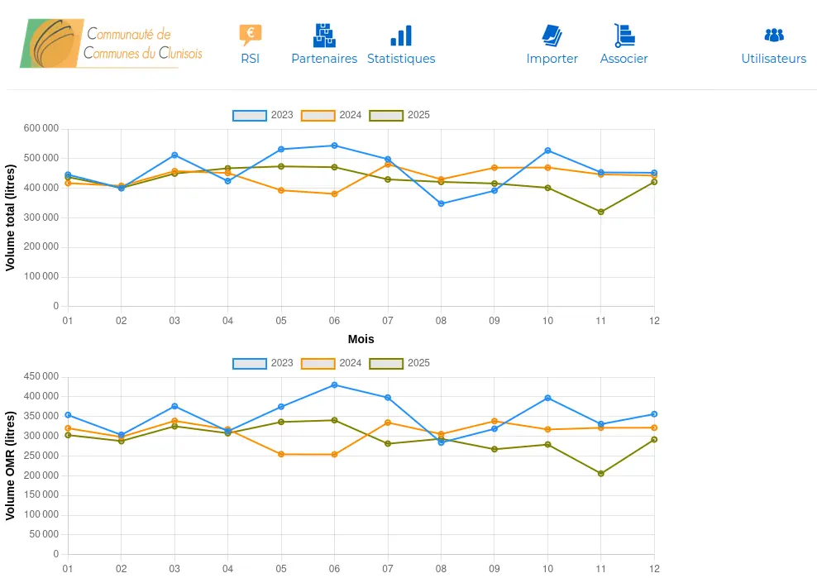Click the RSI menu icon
[x=250, y=35]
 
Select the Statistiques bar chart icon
[x=401, y=36]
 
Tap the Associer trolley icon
[x=624, y=35]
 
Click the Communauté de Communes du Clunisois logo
[x=111, y=43]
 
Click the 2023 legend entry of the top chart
[x=263, y=115]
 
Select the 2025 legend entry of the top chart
[x=399, y=115]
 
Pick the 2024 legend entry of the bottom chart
[x=332, y=363]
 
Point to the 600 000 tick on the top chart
[x=41, y=128]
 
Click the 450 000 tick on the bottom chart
[x=41, y=376]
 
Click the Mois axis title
[x=361, y=339]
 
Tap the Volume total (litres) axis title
[x=11, y=217]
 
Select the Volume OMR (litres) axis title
[x=11, y=465]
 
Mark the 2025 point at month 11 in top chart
[x=601, y=212]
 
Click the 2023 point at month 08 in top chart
[x=441, y=203]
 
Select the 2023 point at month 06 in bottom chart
[x=334, y=385]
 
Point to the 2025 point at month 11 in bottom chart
[x=601, y=474]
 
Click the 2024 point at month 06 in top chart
[x=334, y=193]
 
